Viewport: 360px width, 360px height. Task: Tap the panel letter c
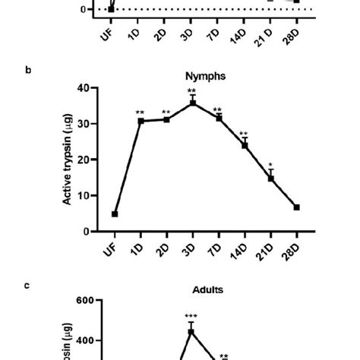(x=28, y=285)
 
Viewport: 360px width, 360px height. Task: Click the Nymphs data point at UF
(x=115, y=214)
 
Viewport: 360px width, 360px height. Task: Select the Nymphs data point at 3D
(x=193, y=103)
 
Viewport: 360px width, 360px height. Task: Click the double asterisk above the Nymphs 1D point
(x=141, y=113)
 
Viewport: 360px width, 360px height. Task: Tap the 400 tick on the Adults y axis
(x=84, y=341)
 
